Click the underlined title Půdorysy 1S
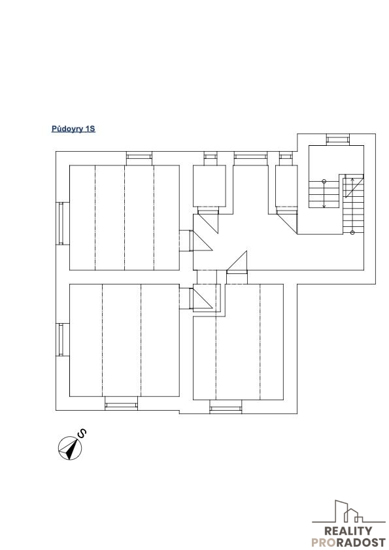pos(73,129)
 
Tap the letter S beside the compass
pos(82,434)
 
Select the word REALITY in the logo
pos(348,532)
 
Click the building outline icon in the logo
pos(348,512)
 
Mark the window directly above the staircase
pos(338,139)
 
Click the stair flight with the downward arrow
pos(324,194)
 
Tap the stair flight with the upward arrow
pos(353,205)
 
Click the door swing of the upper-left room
pos(201,241)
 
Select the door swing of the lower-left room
pos(201,298)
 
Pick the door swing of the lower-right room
pos(237,262)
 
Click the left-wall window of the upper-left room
pos(61,224)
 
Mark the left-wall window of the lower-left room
pos(61,340)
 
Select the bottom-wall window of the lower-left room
pos(122,405)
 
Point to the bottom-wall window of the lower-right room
pos(226,408)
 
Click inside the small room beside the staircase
pos(286,186)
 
